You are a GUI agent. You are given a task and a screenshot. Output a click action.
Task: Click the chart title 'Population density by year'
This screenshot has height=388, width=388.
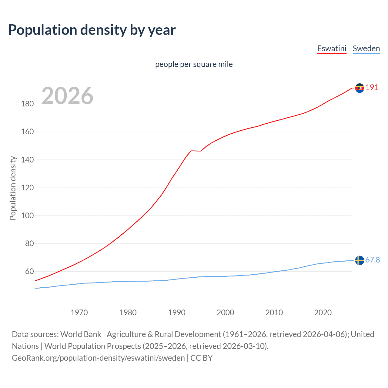point(92,30)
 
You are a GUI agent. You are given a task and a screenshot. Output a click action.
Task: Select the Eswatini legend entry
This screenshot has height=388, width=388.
point(332,48)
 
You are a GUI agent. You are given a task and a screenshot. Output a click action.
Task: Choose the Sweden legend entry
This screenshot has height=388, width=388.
point(366,48)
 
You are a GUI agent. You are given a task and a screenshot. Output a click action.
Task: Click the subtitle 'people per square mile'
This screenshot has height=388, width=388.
point(194,64)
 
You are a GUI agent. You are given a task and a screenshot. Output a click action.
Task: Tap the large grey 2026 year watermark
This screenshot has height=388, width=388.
point(67,96)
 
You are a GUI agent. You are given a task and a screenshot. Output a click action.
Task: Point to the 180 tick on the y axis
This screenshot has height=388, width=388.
point(27,104)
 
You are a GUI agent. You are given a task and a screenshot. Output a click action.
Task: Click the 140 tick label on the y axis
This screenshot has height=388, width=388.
point(27,160)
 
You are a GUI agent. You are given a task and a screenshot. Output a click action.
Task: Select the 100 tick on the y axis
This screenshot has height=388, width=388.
point(27,216)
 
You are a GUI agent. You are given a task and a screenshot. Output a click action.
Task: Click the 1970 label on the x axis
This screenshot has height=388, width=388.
point(79,313)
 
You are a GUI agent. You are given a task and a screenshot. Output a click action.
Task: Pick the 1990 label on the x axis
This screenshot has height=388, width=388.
point(177,313)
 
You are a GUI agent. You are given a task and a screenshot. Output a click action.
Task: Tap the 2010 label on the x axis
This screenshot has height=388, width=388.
point(274,313)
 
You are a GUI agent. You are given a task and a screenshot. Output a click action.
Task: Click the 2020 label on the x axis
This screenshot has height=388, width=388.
point(323,313)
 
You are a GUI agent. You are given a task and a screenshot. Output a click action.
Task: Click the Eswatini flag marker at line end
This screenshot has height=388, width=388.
point(360,88)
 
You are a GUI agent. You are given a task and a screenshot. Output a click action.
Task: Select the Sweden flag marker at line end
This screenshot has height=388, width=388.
point(360,260)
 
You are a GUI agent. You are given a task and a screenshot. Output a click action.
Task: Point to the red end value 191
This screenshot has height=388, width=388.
point(372,88)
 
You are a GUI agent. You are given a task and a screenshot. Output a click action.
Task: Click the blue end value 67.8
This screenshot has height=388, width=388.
point(373,260)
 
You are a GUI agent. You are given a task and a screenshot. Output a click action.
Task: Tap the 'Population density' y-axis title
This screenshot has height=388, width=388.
point(13,188)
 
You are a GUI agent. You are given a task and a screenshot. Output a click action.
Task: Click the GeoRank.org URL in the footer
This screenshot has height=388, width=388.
point(98,358)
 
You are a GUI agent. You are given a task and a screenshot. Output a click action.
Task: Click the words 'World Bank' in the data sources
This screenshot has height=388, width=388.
point(81,334)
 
